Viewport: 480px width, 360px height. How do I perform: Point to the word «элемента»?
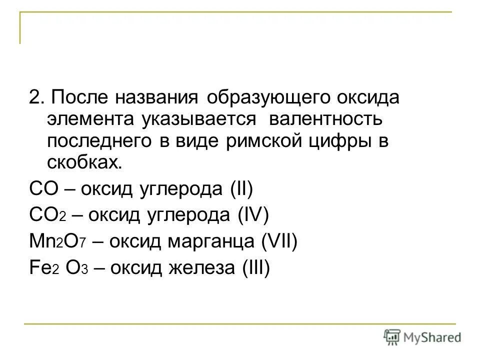coord(89,119)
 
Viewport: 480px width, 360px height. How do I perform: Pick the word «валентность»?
coord(325,119)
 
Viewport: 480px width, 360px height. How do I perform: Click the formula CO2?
coord(48,216)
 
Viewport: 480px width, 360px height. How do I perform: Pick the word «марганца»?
coord(216,243)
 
